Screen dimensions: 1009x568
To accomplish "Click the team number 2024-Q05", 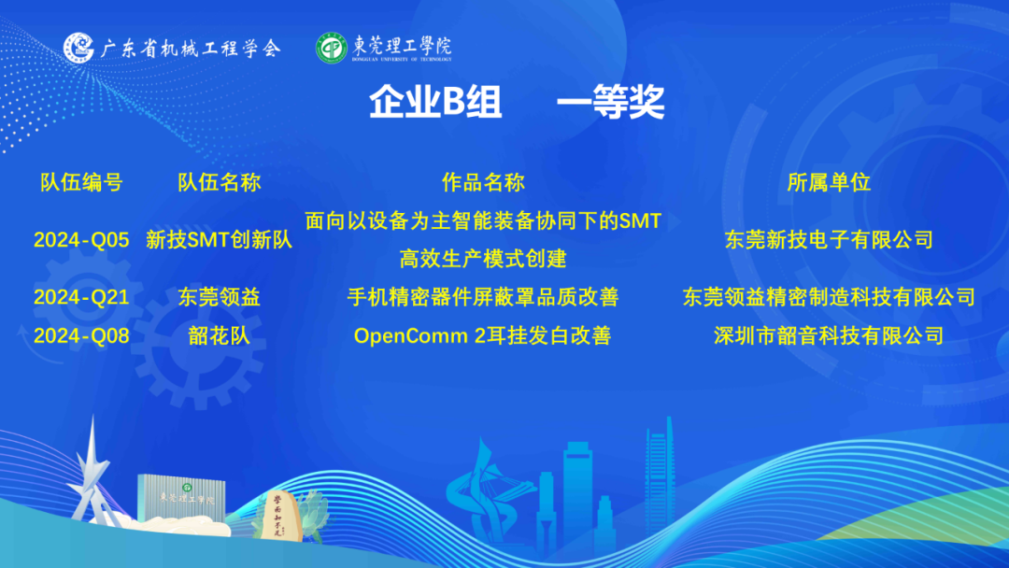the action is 81,240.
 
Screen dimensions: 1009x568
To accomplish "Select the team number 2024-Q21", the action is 81,297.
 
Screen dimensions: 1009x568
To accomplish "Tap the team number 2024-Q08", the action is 81,335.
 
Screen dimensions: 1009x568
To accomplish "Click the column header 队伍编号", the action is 81,183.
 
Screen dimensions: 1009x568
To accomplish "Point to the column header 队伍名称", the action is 220,183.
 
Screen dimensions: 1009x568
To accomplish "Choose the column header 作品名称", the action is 483,183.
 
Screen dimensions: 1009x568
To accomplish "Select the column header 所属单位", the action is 829,183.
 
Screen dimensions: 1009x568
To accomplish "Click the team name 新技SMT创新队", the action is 220,240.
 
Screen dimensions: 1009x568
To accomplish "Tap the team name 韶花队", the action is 220,335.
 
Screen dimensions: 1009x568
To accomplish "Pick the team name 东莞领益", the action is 220,297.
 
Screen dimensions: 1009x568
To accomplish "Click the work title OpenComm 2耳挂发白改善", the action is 483,335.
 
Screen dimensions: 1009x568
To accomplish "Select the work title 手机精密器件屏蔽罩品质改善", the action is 483,297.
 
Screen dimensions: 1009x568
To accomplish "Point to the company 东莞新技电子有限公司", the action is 829,240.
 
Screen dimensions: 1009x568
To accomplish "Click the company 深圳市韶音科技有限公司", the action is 829,335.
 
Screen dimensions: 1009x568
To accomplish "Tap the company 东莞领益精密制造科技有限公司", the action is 829,297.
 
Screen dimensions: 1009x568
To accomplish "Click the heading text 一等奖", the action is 611,102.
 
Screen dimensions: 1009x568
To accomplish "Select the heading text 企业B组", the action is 435,102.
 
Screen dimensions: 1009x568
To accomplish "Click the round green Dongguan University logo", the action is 332,49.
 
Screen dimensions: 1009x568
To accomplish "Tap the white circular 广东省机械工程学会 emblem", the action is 78,48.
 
